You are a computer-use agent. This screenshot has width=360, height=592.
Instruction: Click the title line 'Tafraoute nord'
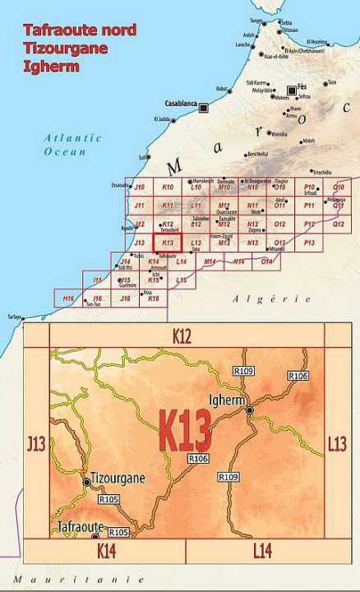click(79, 30)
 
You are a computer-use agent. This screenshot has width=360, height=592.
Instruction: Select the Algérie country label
click(259, 299)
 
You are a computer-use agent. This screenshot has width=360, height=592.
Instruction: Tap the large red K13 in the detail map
click(184, 429)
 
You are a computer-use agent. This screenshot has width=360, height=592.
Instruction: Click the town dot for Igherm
click(250, 409)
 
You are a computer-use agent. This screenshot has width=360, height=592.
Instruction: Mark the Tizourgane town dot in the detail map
click(87, 482)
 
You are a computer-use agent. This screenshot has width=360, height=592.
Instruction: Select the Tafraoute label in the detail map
click(80, 526)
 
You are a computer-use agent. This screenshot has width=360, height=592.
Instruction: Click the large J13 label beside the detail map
click(35, 444)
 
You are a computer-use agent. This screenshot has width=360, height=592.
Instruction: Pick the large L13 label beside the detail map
click(337, 444)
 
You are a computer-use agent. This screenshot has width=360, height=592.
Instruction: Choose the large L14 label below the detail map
click(261, 549)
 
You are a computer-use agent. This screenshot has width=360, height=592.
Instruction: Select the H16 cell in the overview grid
click(68, 298)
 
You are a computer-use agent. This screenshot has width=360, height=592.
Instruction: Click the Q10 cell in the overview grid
click(338, 187)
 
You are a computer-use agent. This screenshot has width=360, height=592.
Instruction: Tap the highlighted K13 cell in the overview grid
click(167, 243)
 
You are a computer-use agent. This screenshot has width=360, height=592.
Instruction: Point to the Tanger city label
click(257, 21)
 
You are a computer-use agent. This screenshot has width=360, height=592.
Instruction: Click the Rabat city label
click(221, 88)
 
